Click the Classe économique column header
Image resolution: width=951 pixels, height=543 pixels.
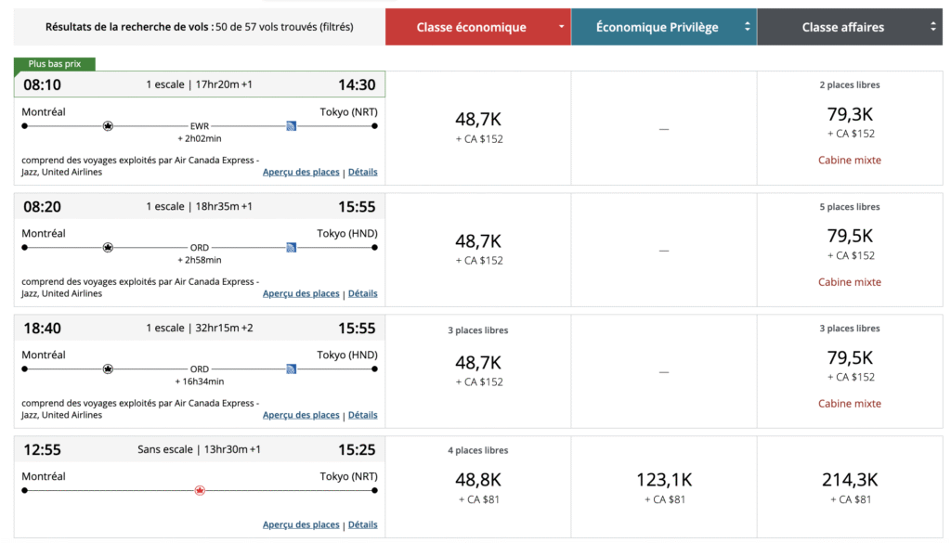point(471,28)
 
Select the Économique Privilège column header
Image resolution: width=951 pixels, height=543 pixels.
point(658,28)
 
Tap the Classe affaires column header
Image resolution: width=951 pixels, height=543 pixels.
point(843,28)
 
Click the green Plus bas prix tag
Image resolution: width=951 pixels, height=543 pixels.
point(55,64)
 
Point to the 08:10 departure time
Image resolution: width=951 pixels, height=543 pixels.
point(42,85)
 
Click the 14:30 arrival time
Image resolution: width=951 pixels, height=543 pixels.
point(357,85)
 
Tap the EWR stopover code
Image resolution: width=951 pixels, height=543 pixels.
point(200,125)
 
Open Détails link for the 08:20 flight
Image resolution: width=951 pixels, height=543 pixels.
point(362,293)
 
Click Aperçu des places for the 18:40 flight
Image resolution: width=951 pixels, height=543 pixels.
point(301,415)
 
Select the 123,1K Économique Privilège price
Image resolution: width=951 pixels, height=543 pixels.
point(664,480)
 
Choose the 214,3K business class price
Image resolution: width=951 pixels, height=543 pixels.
point(850,480)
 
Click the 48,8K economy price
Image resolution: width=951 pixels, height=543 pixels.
point(478,480)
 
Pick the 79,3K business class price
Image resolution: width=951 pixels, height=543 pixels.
point(850,115)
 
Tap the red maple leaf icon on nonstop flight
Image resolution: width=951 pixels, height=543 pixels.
point(200,490)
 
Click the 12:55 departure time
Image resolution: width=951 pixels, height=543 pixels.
point(42,450)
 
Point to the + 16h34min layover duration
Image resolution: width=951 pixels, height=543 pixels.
point(200,381)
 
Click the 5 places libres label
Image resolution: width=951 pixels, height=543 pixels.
point(850,207)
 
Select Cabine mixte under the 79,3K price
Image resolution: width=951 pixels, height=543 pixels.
point(850,161)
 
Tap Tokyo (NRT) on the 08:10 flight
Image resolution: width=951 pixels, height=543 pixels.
point(348,112)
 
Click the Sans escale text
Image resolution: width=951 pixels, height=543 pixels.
point(163,450)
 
